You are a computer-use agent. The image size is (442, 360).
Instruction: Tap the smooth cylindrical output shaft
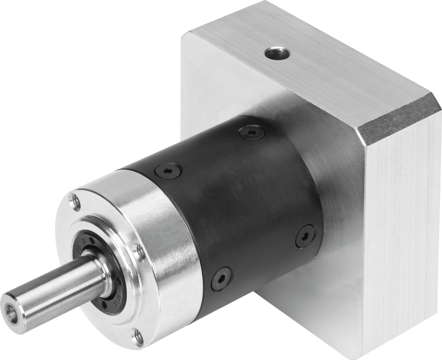(54, 289)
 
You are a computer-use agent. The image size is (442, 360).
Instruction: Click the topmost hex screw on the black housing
(251, 133)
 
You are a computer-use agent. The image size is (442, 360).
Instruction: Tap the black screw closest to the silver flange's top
(168, 170)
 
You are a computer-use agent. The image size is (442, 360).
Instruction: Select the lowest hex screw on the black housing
(221, 279)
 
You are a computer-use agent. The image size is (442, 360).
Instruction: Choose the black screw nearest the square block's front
(305, 236)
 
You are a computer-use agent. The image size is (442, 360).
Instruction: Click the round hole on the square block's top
(277, 53)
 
